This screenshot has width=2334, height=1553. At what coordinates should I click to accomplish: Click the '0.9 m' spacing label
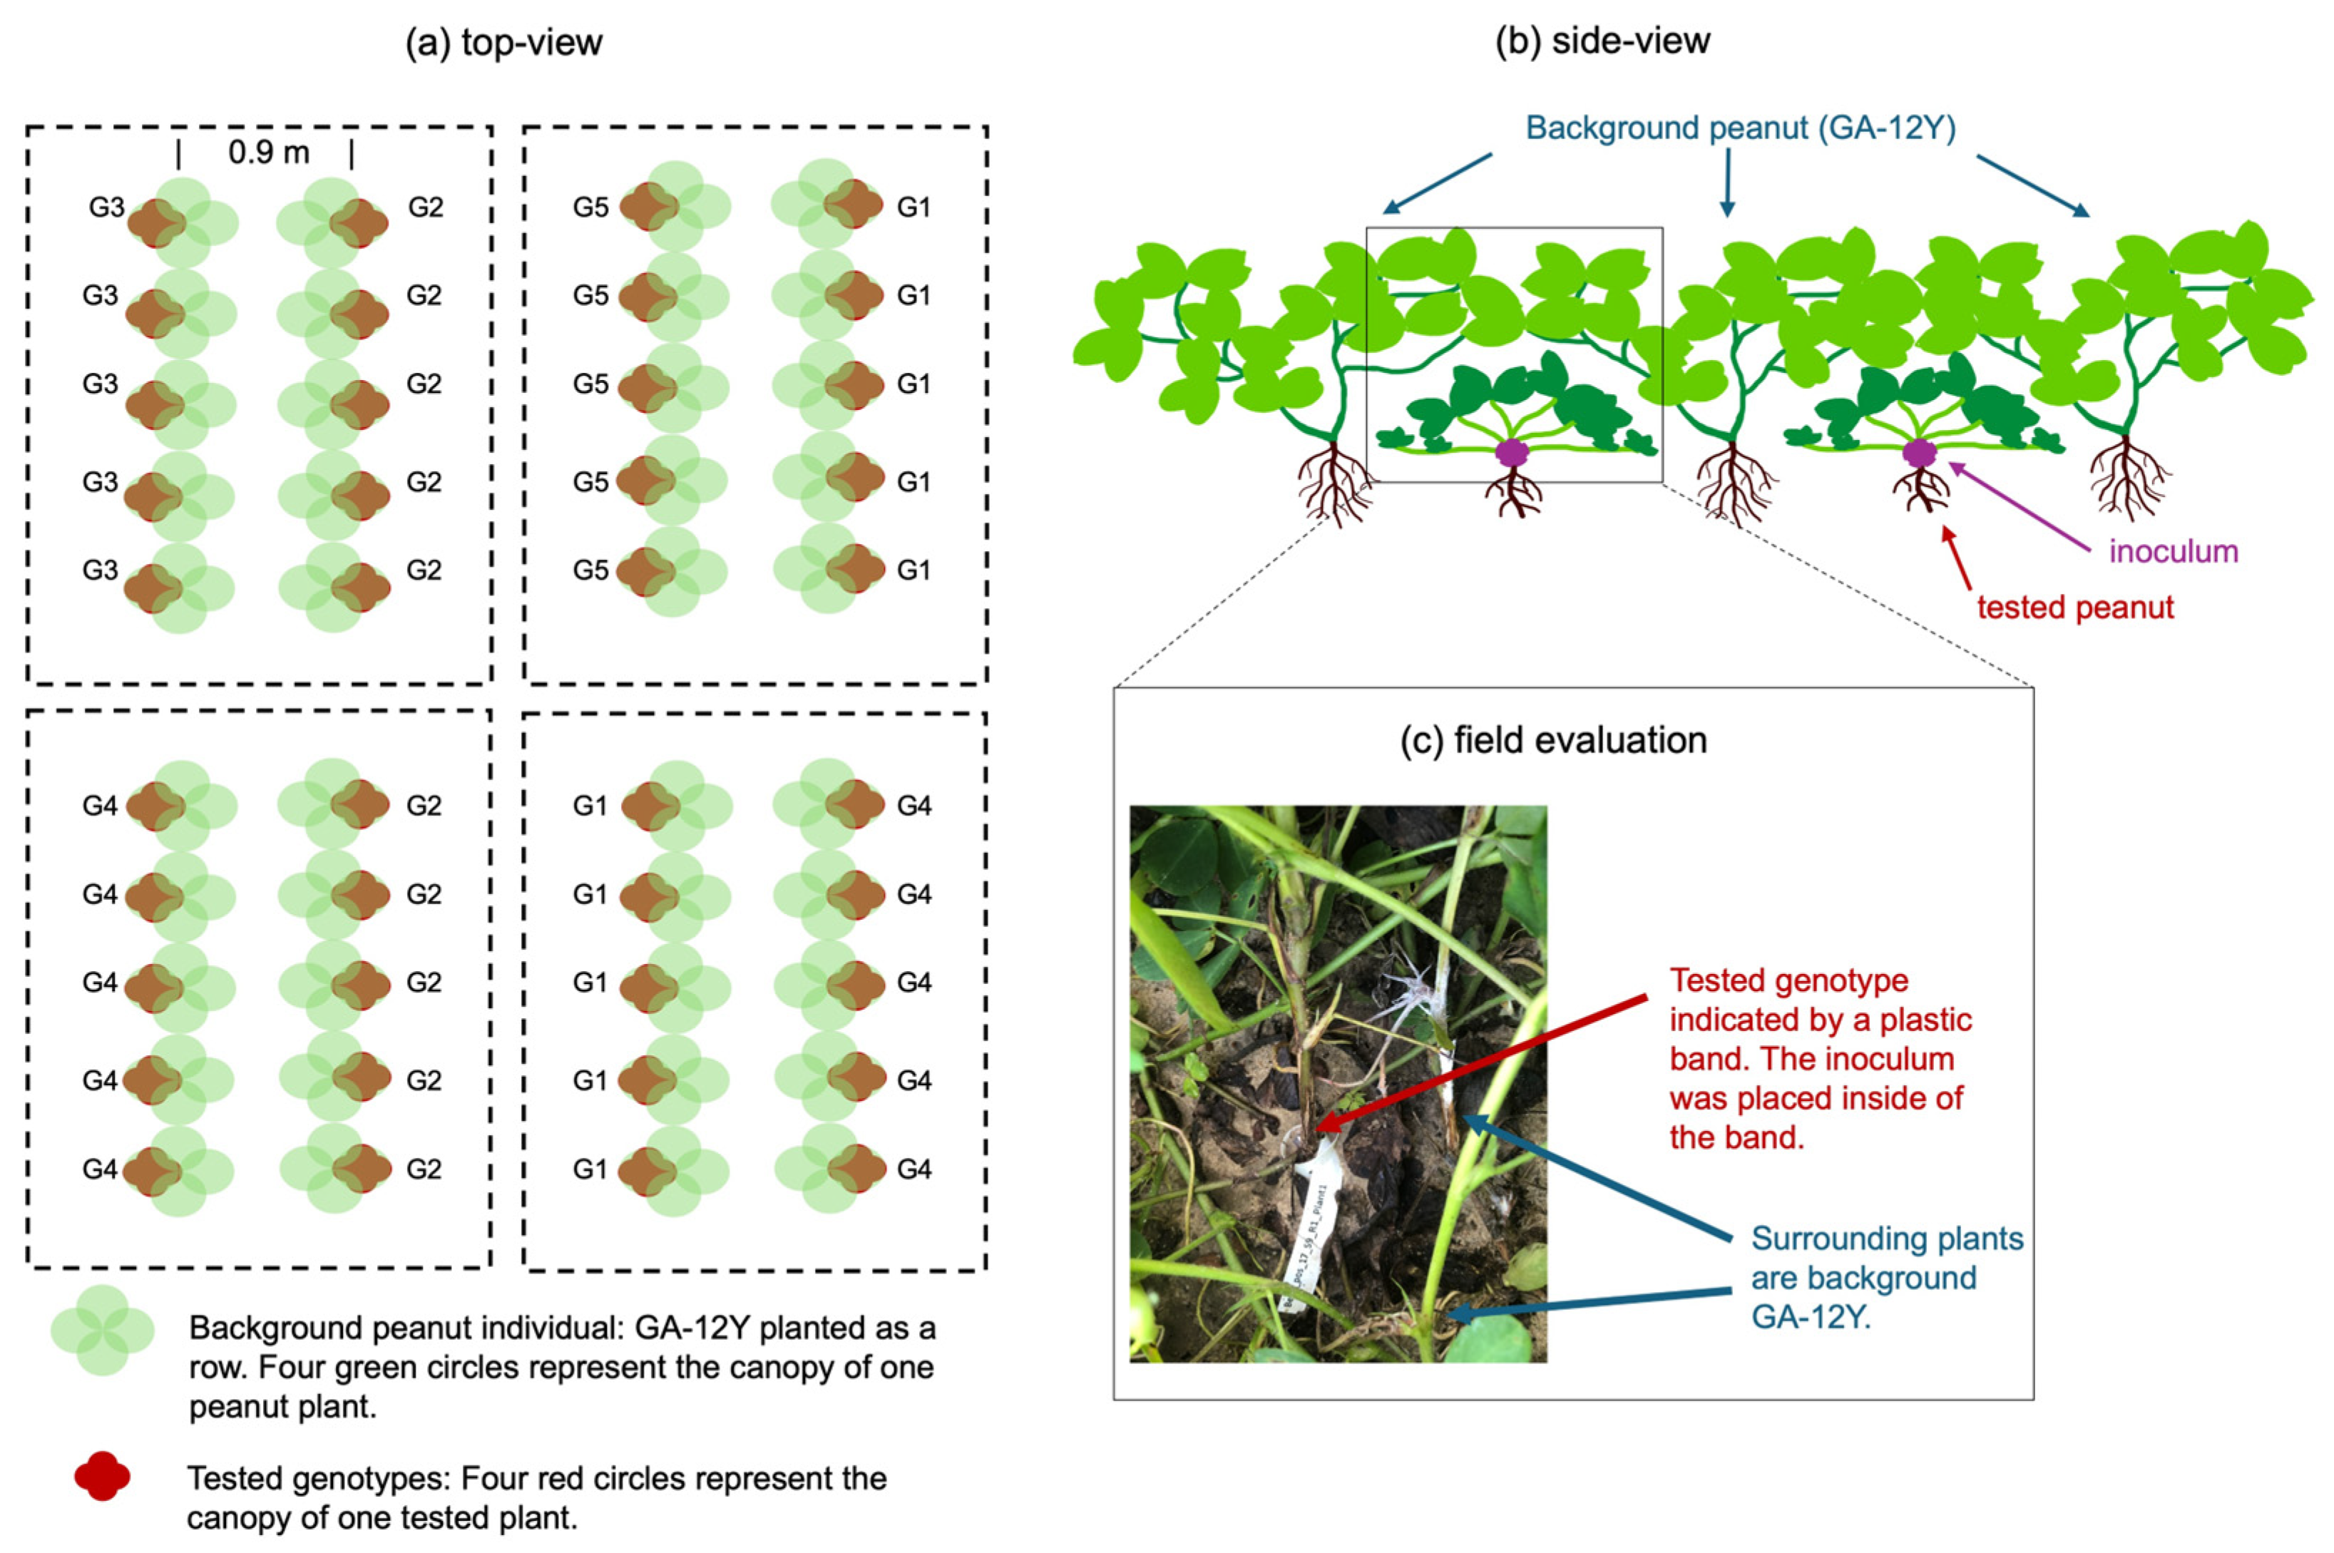point(267,153)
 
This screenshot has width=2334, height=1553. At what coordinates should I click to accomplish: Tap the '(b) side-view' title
point(1602,41)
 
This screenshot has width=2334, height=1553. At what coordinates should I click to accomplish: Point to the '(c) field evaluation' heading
point(1552,740)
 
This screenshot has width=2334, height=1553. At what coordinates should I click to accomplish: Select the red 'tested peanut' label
point(2074,607)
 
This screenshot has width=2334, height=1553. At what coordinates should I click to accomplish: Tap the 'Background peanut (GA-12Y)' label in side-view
point(1740,128)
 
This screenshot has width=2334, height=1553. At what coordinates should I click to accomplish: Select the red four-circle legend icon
point(102,1476)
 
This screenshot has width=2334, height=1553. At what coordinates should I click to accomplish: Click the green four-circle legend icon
point(102,1330)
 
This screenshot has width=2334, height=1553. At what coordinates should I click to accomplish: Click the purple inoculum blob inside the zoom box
point(1511,453)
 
